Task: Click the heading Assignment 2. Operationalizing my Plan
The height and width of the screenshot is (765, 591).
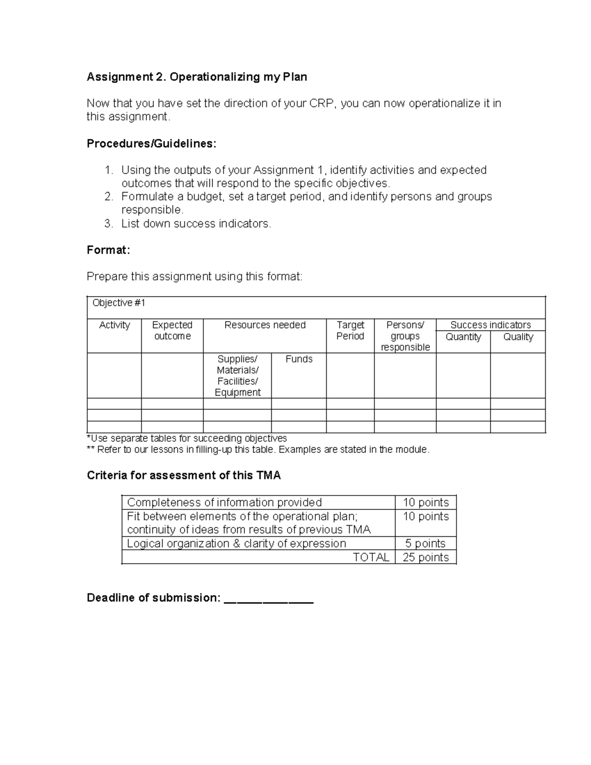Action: click(x=197, y=77)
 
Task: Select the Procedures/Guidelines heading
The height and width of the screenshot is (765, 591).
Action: click(x=151, y=143)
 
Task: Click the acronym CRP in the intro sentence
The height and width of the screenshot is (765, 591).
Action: click(x=322, y=103)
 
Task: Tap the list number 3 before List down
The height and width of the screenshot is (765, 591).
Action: click(x=108, y=224)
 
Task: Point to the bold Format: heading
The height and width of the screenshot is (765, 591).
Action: click(x=108, y=250)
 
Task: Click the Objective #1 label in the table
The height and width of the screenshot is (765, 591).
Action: click(x=119, y=303)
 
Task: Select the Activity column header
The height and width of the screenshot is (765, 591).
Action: click(x=114, y=325)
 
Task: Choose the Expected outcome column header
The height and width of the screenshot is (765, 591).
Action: click(x=172, y=331)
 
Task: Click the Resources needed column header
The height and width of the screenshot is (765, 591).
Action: click(x=264, y=325)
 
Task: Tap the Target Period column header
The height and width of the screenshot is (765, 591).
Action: click(x=350, y=331)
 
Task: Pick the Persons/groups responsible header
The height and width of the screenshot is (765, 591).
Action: click(x=405, y=336)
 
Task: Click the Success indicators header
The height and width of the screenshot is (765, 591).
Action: click(x=490, y=325)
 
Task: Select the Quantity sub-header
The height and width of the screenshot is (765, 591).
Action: click(x=463, y=337)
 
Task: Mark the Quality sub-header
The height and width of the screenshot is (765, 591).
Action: click(x=518, y=337)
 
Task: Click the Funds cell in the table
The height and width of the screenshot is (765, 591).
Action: click(x=298, y=359)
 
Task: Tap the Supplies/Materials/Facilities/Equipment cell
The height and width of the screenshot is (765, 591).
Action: click(x=237, y=375)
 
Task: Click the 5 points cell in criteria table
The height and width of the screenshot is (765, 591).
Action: click(x=425, y=543)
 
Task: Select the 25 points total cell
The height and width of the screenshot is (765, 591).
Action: click(x=426, y=557)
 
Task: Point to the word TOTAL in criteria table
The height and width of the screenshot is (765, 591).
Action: click(x=371, y=557)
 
